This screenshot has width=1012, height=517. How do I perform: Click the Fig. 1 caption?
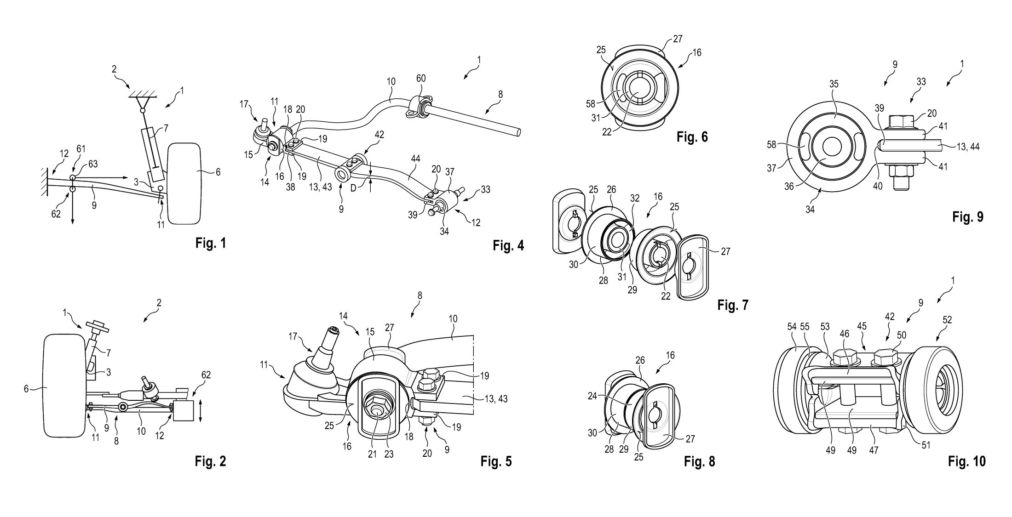[211, 243]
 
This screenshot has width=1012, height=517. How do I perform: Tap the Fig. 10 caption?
[966, 461]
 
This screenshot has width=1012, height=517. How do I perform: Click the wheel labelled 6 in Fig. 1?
[185, 183]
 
